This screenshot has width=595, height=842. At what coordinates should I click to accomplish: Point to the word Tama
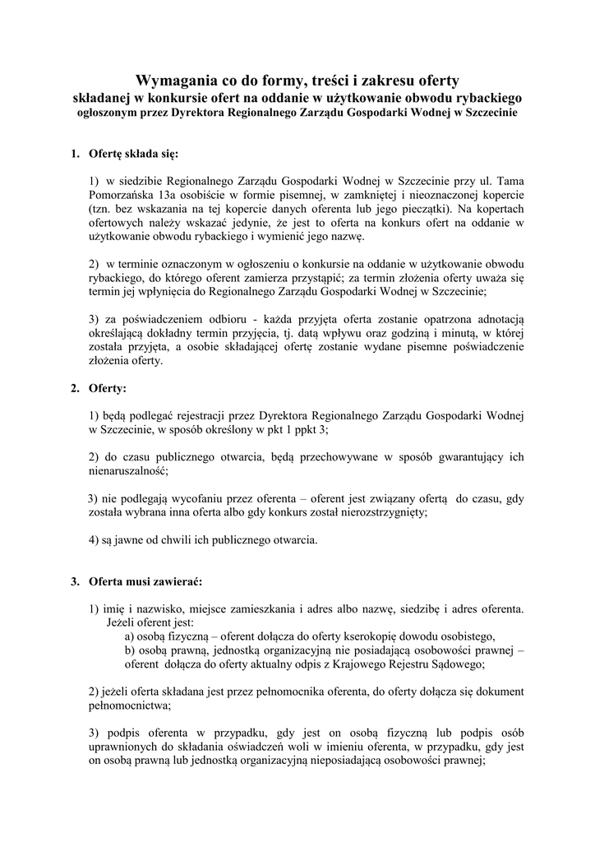tap(510, 179)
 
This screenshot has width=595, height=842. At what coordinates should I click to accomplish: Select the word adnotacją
tap(496, 318)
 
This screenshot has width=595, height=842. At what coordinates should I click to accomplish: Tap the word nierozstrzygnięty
tap(380, 512)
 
